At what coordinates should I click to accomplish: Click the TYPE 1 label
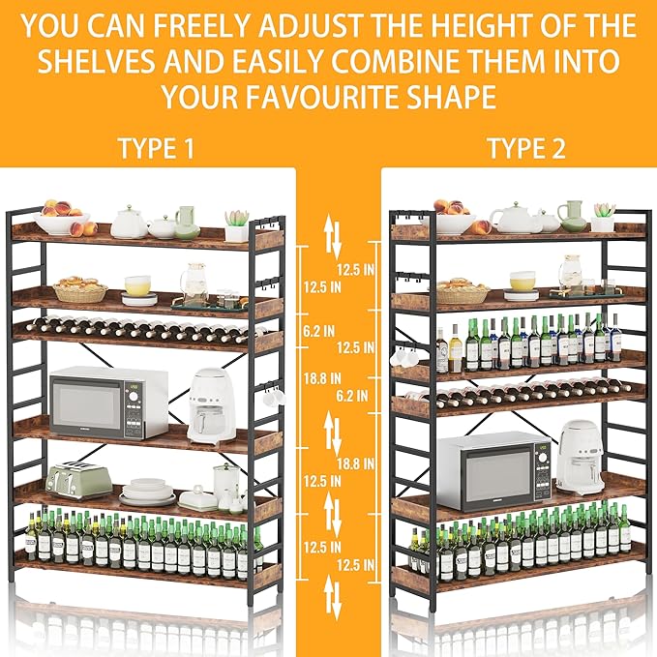click(x=156, y=148)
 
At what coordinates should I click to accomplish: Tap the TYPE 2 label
click(x=525, y=148)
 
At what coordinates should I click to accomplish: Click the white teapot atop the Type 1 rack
click(x=129, y=223)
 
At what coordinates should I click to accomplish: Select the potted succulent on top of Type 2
click(x=604, y=217)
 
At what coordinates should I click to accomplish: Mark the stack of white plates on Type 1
click(x=148, y=491)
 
